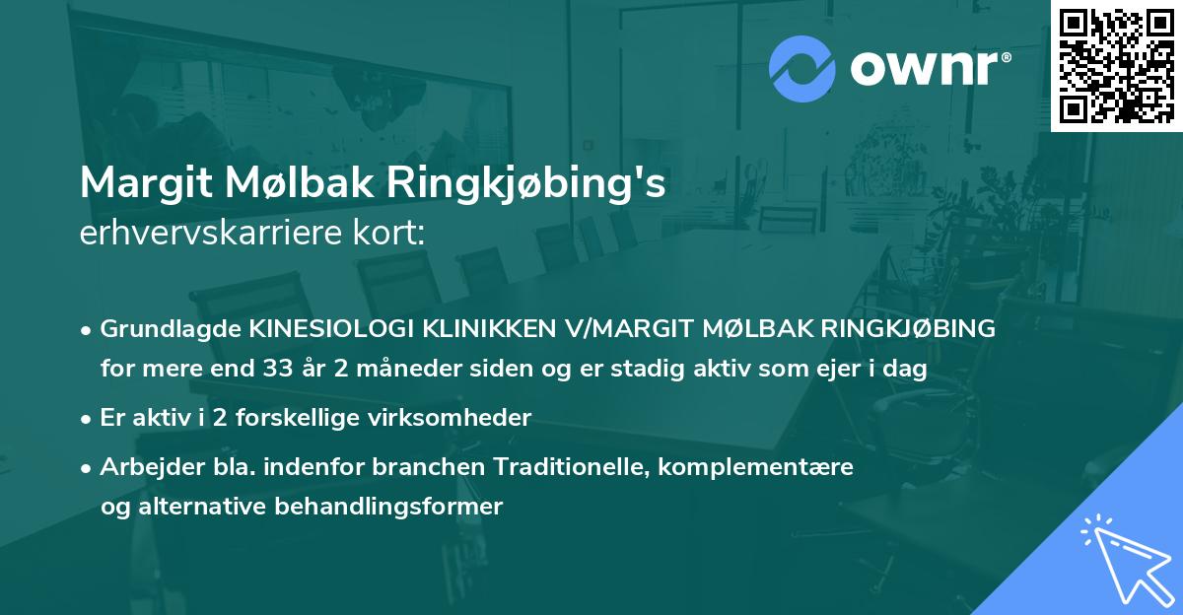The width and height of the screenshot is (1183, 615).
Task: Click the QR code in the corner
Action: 1116,66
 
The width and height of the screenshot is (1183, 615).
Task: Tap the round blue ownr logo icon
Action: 801,68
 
